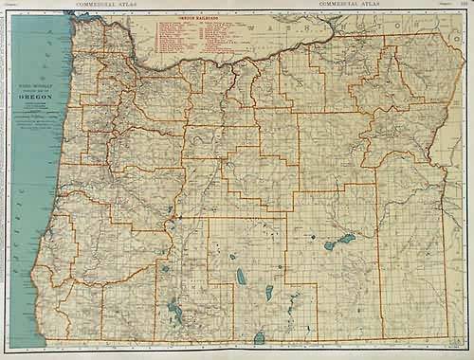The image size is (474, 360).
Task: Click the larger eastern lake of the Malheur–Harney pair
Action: click(345, 238)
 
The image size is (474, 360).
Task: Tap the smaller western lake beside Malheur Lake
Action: click(329, 244)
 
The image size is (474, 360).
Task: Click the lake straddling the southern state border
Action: click(259, 337)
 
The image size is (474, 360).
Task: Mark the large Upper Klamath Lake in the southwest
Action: click(173, 308)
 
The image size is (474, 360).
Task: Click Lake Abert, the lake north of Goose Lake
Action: click(268, 291)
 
